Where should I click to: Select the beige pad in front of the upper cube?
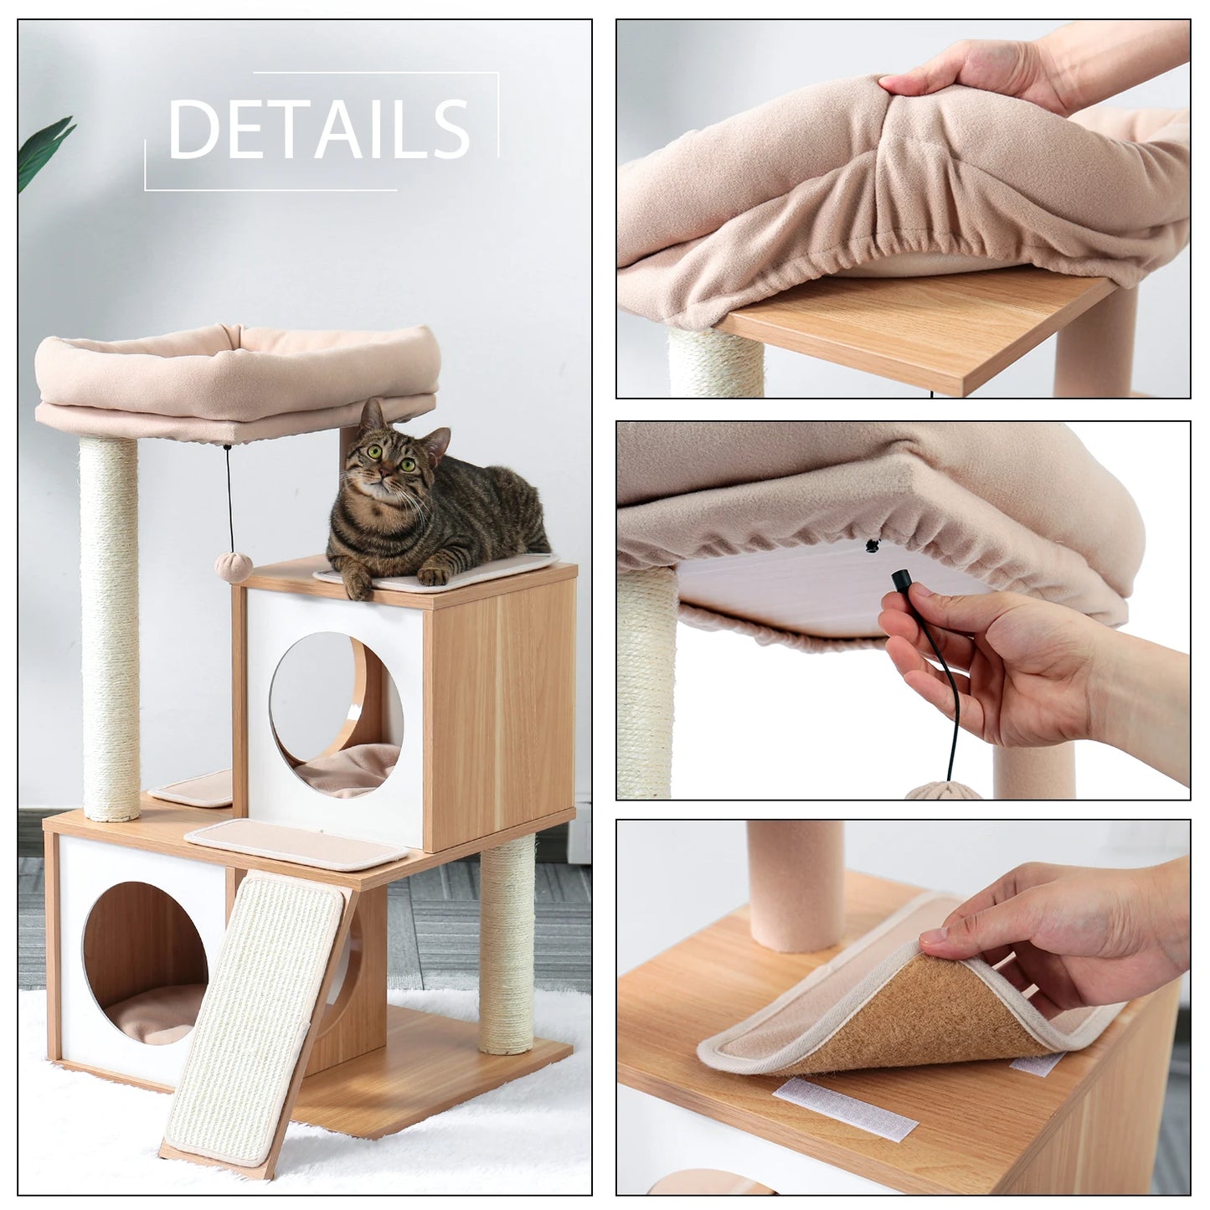(297, 844)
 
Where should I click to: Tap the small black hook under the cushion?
(872, 546)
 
